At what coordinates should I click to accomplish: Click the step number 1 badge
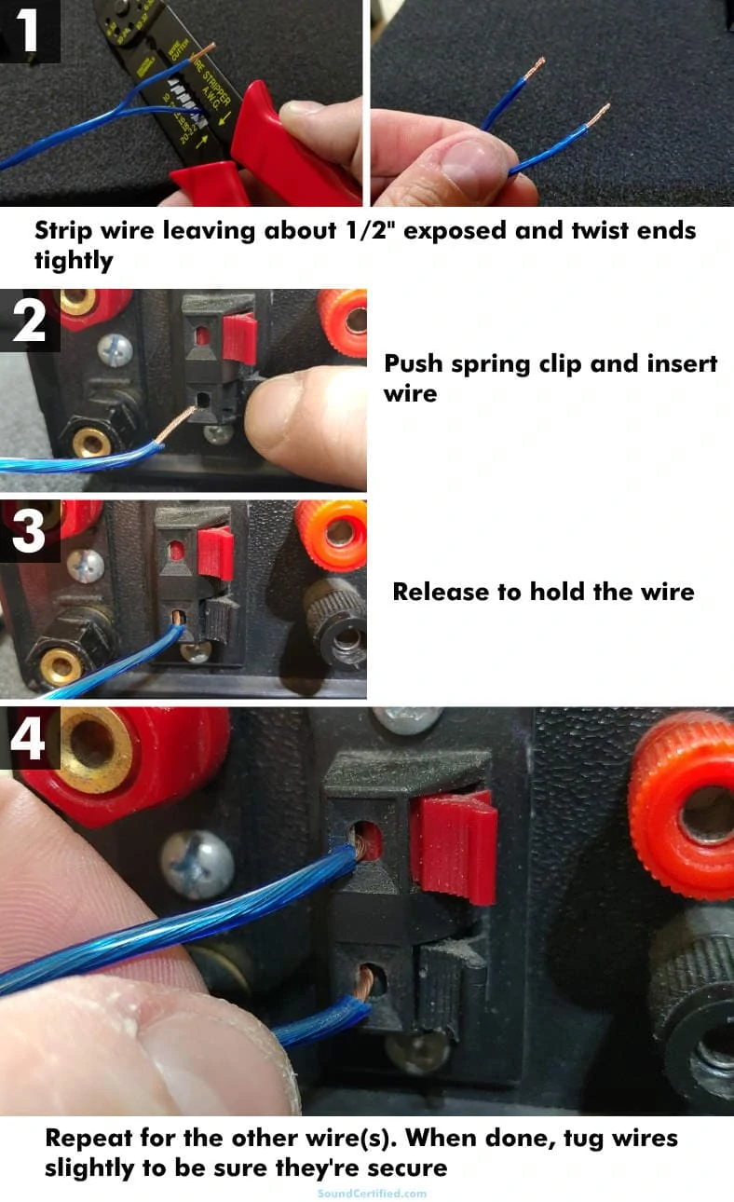point(30,30)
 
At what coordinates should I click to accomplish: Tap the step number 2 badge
point(30,320)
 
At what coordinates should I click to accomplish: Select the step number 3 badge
point(29,530)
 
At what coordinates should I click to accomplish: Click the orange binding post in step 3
point(332,533)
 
